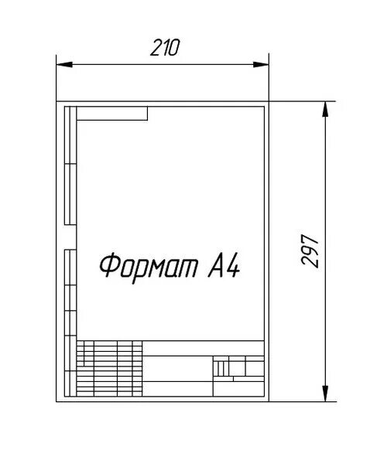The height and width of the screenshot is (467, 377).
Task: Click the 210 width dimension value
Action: (165, 48)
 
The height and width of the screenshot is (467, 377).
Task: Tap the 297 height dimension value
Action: (310, 251)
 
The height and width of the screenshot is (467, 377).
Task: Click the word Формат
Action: (148, 267)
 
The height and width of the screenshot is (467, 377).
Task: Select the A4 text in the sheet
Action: (224, 266)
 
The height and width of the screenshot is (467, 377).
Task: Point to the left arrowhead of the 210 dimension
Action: (64, 64)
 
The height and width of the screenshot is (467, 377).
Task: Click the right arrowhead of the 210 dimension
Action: (261, 64)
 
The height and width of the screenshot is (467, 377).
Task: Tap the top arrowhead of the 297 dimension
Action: (325, 109)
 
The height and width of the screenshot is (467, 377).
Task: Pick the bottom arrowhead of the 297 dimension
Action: (325, 394)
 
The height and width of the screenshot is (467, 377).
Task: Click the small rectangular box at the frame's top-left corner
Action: (112, 114)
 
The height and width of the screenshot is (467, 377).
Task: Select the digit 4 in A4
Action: (233, 266)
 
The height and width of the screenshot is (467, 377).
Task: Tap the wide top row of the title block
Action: (203, 348)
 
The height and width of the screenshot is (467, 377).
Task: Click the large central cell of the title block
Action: (178, 368)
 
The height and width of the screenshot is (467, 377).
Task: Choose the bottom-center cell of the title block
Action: (178, 389)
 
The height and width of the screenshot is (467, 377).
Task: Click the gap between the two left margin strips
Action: (70, 237)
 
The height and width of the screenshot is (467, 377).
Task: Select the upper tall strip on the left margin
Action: (70, 165)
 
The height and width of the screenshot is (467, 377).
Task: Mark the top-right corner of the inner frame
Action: (264, 107)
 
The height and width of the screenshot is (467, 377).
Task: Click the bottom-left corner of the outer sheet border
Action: (57, 401)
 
